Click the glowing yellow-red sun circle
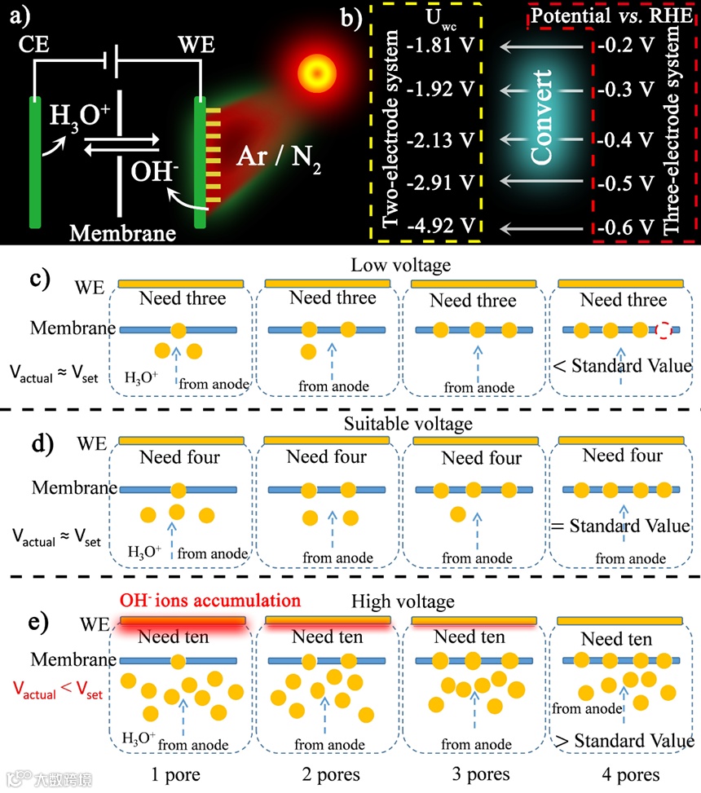coord(315,68)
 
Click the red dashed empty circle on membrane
coord(664,331)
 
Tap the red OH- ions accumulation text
coord(209,601)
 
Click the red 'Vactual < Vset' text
coord(57,690)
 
